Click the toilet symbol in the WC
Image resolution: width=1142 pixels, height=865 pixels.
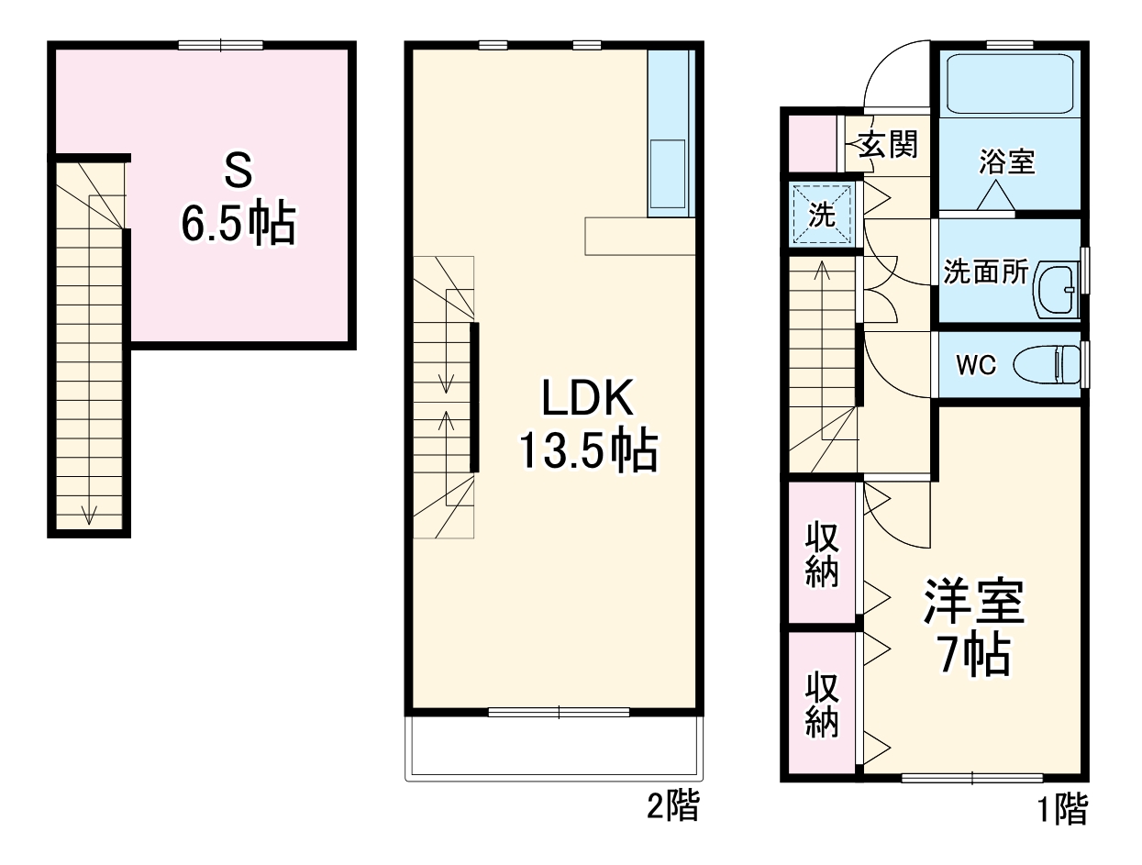pyautogui.click(x=1047, y=365)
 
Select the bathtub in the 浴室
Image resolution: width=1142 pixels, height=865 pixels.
pyautogui.click(x=1010, y=84)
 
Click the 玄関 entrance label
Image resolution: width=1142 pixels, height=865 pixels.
pyautogui.click(x=887, y=144)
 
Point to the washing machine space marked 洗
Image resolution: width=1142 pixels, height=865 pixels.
pyautogui.click(x=822, y=215)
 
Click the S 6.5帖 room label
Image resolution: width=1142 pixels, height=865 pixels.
pyautogui.click(x=238, y=198)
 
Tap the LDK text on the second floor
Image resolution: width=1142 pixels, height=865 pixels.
pyautogui.click(x=588, y=398)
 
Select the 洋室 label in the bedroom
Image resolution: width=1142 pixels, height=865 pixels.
pyautogui.click(x=973, y=602)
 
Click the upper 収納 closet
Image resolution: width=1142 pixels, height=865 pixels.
pyautogui.click(x=822, y=552)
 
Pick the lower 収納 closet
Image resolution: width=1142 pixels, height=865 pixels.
pyautogui.click(x=822, y=704)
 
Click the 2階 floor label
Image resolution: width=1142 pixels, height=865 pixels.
pyautogui.click(x=672, y=805)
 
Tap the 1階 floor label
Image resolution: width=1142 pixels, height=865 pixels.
pyautogui.click(x=1062, y=809)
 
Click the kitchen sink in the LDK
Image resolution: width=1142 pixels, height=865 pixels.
pyautogui.click(x=668, y=173)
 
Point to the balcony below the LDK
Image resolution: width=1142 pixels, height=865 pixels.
pyautogui.click(x=554, y=749)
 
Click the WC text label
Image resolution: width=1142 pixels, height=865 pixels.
pyautogui.click(x=976, y=365)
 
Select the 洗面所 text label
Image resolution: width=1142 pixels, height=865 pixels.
pyautogui.click(x=986, y=271)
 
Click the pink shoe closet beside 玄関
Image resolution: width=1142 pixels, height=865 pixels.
pyautogui.click(x=812, y=143)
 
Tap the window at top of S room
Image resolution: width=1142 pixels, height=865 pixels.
pyautogui.click(x=220, y=46)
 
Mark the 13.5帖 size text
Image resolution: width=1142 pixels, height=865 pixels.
pyautogui.click(x=589, y=450)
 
